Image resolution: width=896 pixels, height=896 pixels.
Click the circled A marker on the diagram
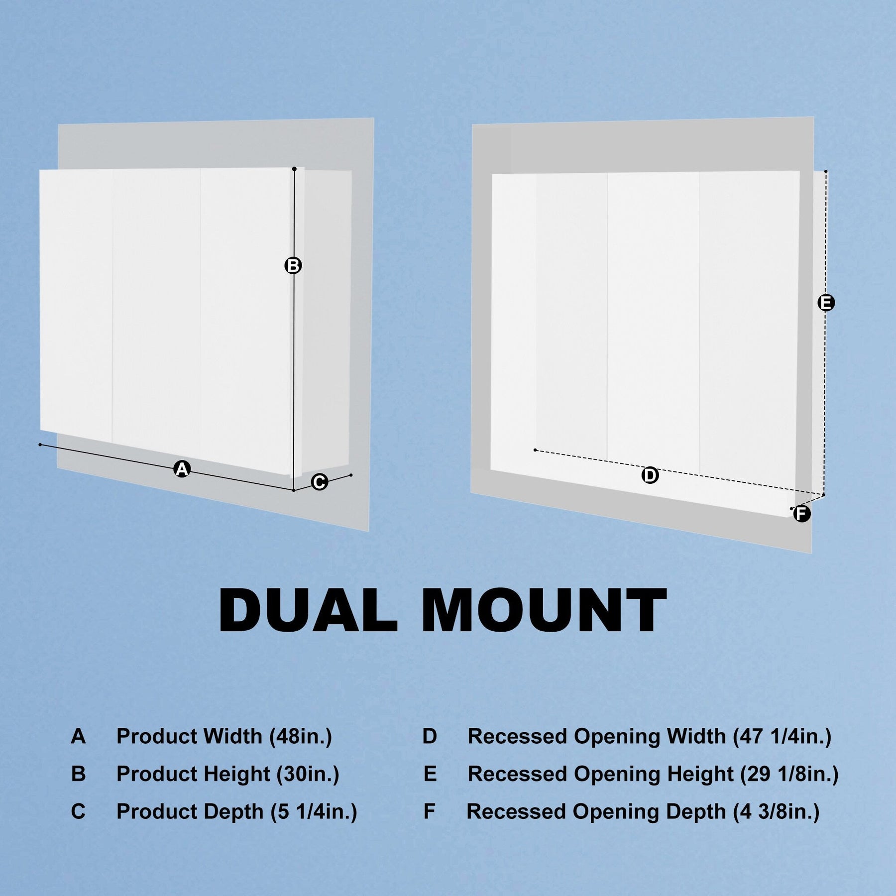pos(182,469)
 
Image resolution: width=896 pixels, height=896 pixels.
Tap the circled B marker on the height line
pos(293,265)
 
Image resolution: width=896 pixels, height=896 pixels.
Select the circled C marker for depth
pos(319,482)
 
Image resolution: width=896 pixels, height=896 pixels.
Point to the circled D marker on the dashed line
pos(650,475)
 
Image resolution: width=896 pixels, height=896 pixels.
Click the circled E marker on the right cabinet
pos(826,303)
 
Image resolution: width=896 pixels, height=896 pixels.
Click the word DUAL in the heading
pos(308,610)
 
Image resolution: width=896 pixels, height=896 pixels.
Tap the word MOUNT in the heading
pos(545,610)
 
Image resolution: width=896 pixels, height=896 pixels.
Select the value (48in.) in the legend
pos(301,736)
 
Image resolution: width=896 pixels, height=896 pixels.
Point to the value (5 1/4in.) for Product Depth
pos(314,812)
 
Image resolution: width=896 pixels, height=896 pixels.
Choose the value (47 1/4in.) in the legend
pos(782,736)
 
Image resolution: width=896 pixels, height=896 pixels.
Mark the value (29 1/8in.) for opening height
pos(789,774)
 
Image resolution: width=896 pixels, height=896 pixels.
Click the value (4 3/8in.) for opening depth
pos(776,812)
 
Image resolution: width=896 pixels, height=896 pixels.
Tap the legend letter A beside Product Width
pos(78,736)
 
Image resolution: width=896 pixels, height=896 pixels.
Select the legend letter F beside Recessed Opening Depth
pos(429,812)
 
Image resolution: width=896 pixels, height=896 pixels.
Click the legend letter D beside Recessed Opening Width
pos(430,736)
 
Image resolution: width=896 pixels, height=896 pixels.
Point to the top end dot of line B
pos(294,169)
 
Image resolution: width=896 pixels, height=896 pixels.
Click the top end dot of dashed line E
pos(826,171)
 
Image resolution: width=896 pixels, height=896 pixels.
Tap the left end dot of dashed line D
pos(535,450)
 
